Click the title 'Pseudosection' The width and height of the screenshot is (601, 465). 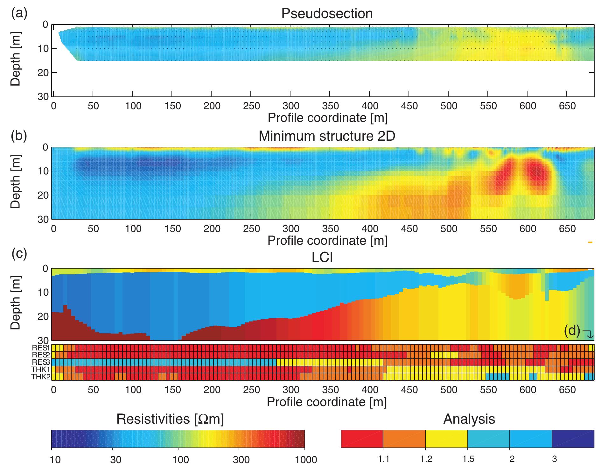click(327, 14)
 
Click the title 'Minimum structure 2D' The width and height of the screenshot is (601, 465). click(327, 136)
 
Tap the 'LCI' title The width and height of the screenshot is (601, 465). click(322, 257)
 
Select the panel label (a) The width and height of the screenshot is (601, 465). click(19, 13)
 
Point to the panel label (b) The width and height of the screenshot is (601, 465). click(19, 136)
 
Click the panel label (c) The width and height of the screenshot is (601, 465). click(19, 255)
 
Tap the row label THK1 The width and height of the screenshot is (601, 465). click(41, 370)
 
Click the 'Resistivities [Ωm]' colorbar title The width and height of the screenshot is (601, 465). click(170, 419)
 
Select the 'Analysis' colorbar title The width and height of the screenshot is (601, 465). click(469, 419)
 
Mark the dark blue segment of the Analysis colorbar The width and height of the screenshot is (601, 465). click(573, 439)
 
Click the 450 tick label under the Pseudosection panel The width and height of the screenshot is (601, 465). click(409, 106)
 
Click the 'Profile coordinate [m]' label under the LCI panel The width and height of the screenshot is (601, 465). click(327, 402)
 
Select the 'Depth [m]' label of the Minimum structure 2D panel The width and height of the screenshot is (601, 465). click(15, 183)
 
